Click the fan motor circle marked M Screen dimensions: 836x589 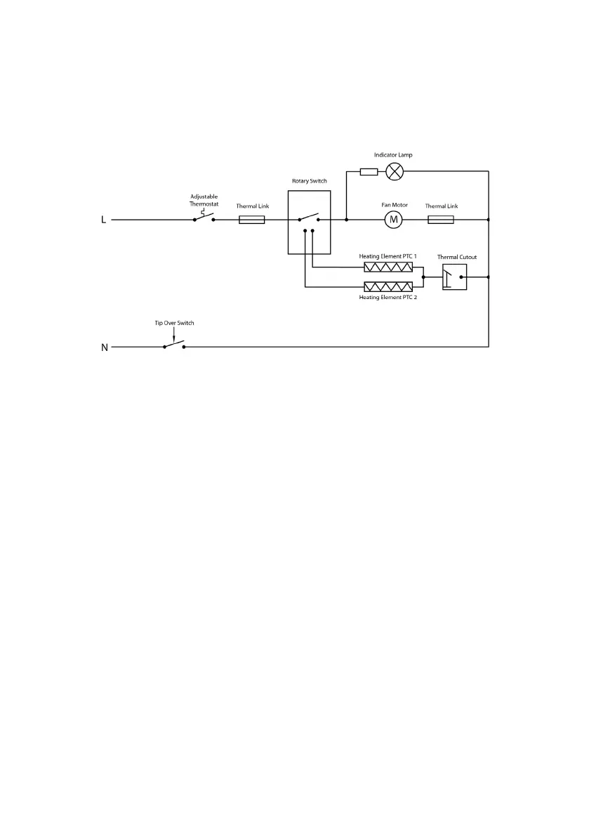point(394,220)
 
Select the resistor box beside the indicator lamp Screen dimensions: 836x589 point(369,171)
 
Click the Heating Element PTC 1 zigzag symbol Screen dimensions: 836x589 point(388,267)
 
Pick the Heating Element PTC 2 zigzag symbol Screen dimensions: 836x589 point(388,286)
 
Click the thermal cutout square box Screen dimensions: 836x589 point(454,277)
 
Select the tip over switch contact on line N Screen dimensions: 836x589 point(173,345)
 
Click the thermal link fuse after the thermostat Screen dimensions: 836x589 point(252,220)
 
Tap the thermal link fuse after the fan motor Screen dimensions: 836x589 point(441,220)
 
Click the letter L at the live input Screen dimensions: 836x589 point(104,220)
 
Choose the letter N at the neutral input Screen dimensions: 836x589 point(105,347)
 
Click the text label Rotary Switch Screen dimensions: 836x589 point(309,181)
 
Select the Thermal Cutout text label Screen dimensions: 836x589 point(456,257)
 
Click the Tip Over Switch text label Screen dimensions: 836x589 point(174,323)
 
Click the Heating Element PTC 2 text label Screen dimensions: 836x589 point(388,298)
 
